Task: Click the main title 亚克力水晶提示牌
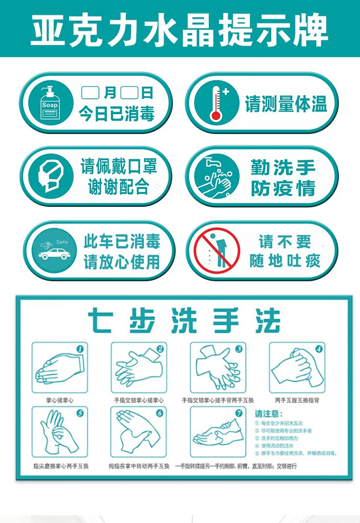tap(180, 30)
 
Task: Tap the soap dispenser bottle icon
tap(50, 103)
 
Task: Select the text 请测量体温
tap(286, 103)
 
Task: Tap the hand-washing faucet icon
tap(216, 177)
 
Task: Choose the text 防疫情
tap(283, 188)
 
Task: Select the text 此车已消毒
tap(122, 241)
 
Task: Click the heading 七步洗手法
tap(184, 321)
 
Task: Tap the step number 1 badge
tap(80, 349)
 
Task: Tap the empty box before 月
tap(91, 92)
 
